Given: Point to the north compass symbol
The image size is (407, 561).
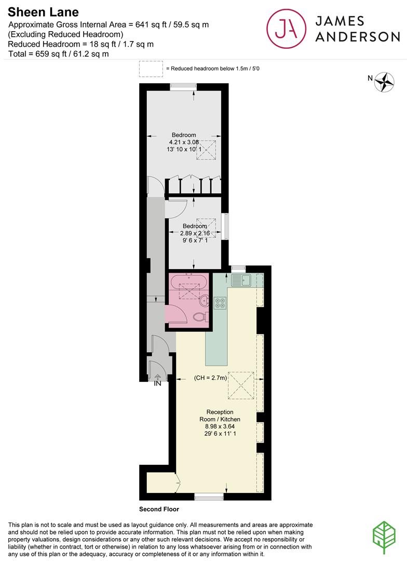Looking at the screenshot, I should [x=385, y=82].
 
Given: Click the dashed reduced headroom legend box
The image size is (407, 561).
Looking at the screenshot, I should [x=150, y=69].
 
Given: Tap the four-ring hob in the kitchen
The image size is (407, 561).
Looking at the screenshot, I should [x=220, y=302].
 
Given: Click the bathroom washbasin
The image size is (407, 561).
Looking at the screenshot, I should [x=205, y=300].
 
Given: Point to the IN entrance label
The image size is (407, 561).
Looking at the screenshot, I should [x=157, y=384].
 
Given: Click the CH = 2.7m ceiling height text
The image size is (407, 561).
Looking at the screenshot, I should [x=211, y=378].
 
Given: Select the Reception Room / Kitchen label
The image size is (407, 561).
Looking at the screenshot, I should [x=220, y=416].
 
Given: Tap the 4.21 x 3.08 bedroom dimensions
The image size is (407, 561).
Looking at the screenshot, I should [x=184, y=142].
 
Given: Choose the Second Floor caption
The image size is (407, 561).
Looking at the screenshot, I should [x=159, y=509].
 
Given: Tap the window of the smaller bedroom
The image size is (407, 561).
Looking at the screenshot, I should [x=225, y=226].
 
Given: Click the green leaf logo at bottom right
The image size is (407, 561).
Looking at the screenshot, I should [x=385, y=538].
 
